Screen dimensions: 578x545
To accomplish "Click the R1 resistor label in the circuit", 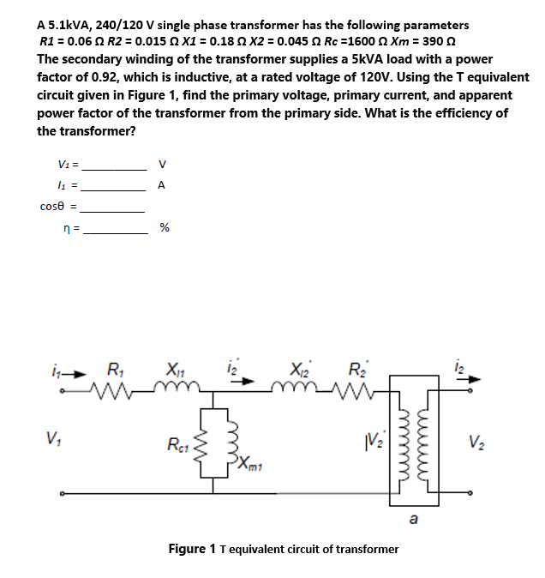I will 113,371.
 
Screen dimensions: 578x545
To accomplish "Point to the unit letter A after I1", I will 163,185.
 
